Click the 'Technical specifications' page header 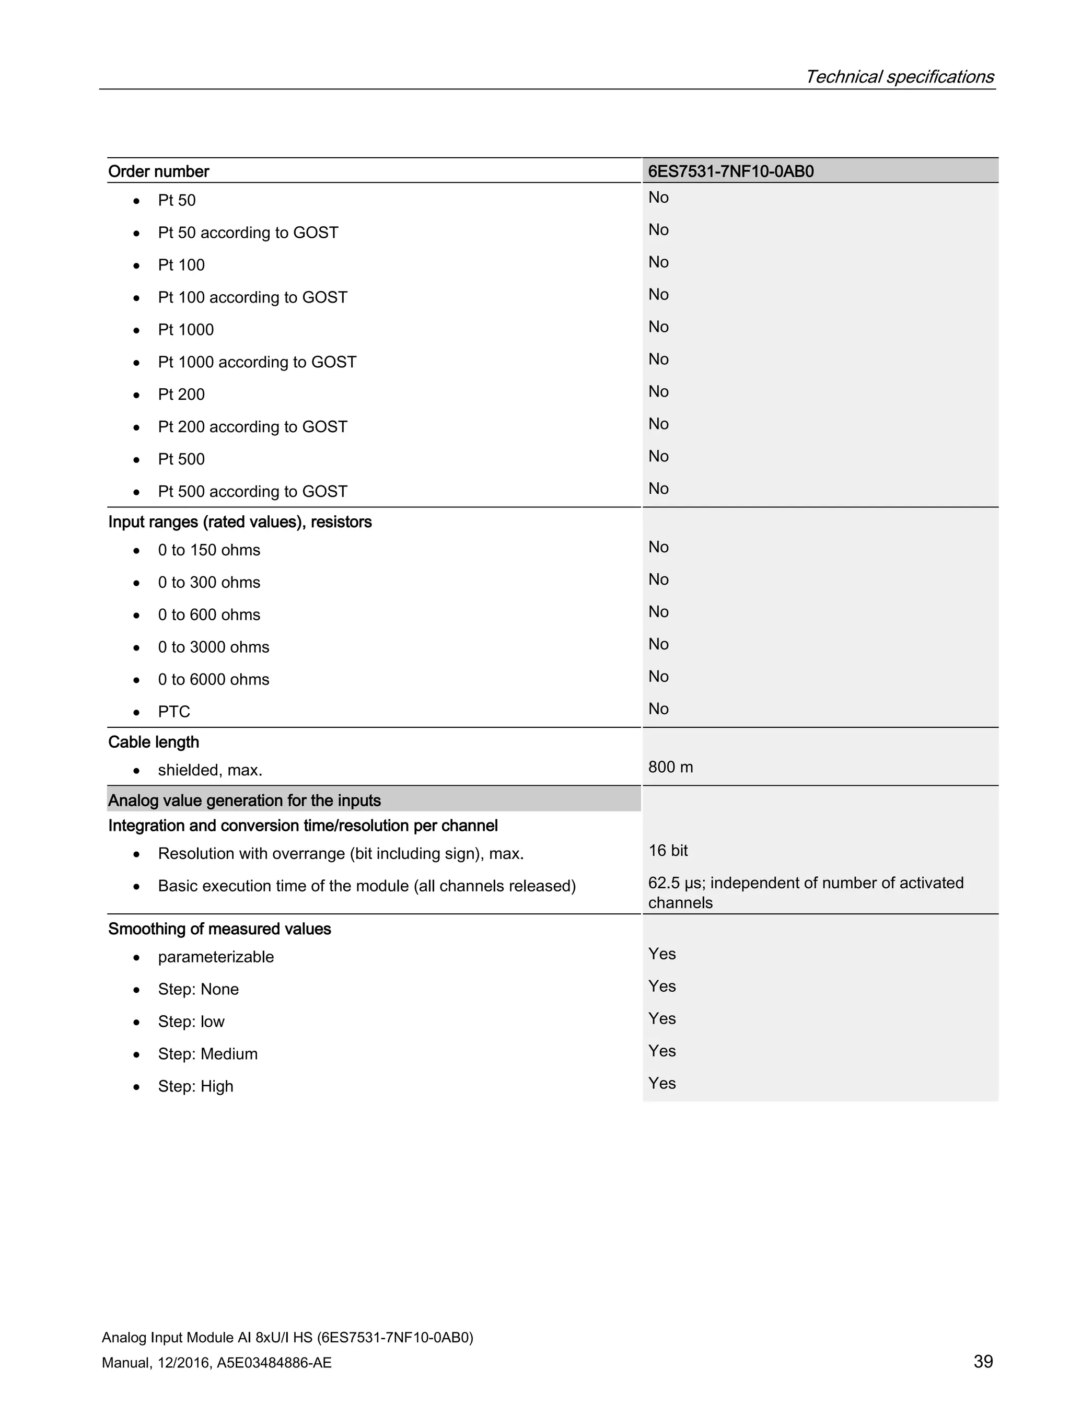pyautogui.click(x=899, y=77)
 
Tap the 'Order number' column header pyautogui.click(x=159, y=171)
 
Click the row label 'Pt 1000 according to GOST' pyautogui.click(x=257, y=363)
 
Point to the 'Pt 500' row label pyautogui.click(x=181, y=459)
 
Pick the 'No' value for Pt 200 pyautogui.click(x=658, y=391)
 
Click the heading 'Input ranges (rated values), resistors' pyautogui.click(x=240, y=522)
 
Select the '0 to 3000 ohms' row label pyautogui.click(x=214, y=647)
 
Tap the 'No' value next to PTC pyautogui.click(x=658, y=709)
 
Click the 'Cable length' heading pyautogui.click(x=154, y=742)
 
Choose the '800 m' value pyautogui.click(x=670, y=767)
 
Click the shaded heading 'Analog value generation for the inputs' pyautogui.click(x=245, y=800)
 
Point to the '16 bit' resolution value pyautogui.click(x=668, y=851)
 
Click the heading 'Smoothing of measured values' pyautogui.click(x=219, y=929)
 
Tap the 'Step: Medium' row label pyautogui.click(x=208, y=1054)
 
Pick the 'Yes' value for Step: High pyautogui.click(x=662, y=1083)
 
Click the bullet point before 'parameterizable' pyautogui.click(x=136, y=958)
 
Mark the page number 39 pyautogui.click(x=983, y=1361)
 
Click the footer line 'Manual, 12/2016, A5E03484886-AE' pyautogui.click(x=217, y=1363)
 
